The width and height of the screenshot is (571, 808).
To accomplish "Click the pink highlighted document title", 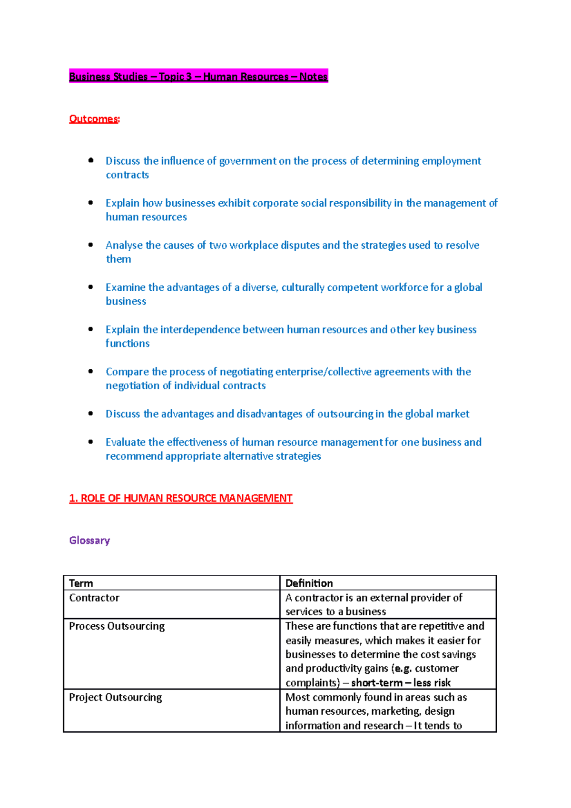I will pos(198,77).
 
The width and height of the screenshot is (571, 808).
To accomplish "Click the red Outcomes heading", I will pos(94,119).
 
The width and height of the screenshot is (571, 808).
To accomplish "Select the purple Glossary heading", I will pos(89,541).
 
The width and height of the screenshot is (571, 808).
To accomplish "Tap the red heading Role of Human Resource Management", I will pos(181,498).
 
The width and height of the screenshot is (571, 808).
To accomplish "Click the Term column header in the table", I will pos(81,583).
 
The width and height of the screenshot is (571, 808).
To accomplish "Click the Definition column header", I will pos(309,583).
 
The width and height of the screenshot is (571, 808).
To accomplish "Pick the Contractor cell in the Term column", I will pos(94,598).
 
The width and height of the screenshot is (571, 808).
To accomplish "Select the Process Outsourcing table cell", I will pos(117,626).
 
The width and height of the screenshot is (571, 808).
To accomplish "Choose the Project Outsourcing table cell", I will pos(115,698).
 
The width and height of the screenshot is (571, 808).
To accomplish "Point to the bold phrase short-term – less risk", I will pos(401,683).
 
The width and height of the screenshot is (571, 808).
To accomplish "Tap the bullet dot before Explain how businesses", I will pos(90,203).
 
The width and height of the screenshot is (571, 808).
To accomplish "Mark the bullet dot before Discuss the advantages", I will pos(90,414).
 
